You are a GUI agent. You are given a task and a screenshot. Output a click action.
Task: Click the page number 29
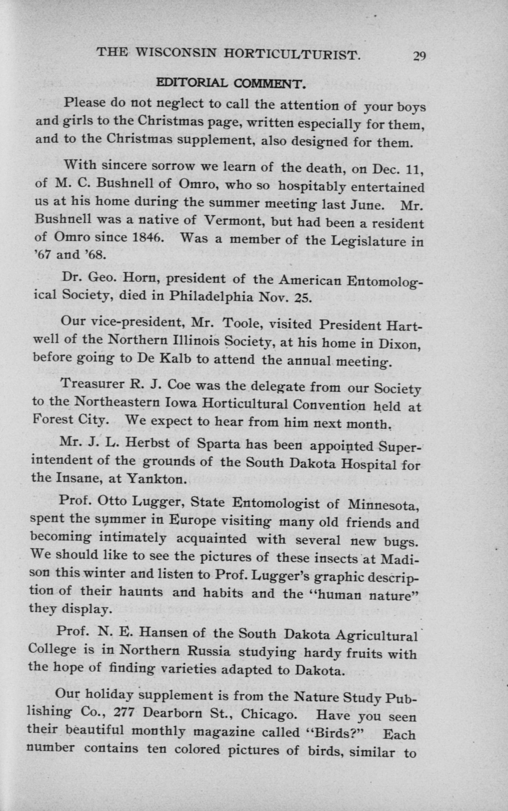(x=419, y=55)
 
